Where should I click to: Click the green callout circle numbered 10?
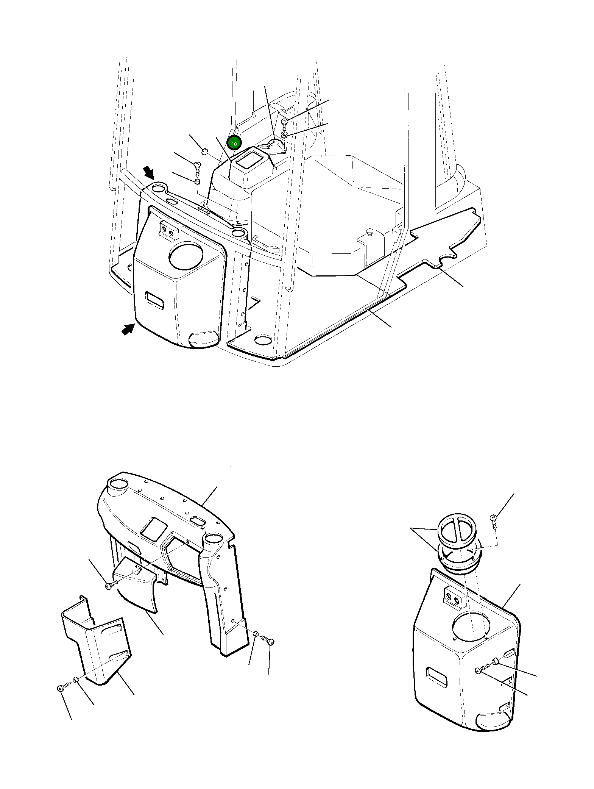pyautogui.click(x=234, y=144)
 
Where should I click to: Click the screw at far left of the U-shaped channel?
pyautogui.click(x=61, y=688)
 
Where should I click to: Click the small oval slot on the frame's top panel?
pyautogui.click(x=198, y=521)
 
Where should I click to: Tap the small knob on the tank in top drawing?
pyautogui.click(x=370, y=231)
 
